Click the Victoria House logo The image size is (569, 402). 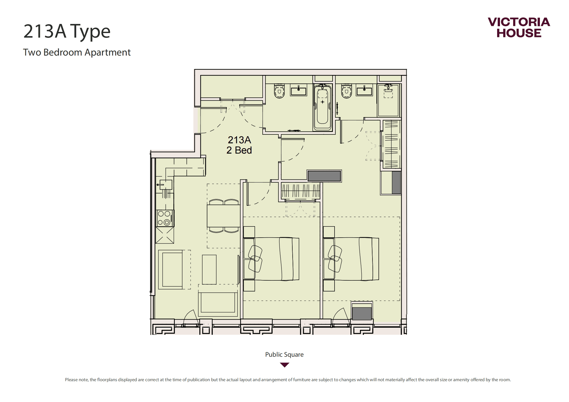[x=519, y=27]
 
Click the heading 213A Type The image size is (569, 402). [x=67, y=31]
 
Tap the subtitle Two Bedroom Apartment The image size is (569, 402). [x=77, y=52]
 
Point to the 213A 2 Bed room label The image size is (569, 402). [x=239, y=145]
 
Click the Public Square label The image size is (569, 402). [x=284, y=354]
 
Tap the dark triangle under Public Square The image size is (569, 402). [x=285, y=365]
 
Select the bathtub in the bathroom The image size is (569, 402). [x=323, y=107]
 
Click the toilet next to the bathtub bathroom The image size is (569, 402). [x=280, y=91]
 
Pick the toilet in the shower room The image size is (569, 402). [x=347, y=91]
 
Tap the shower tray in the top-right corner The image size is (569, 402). [x=388, y=100]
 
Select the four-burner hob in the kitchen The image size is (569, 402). [x=165, y=218]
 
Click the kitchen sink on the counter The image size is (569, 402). [x=166, y=185]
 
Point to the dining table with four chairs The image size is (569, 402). [x=224, y=216]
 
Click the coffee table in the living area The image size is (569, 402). [x=209, y=270]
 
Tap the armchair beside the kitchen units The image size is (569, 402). [x=171, y=270]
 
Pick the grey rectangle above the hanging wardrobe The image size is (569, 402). [x=324, y=176]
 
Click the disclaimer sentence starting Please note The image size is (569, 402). [x=288, y=380]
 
